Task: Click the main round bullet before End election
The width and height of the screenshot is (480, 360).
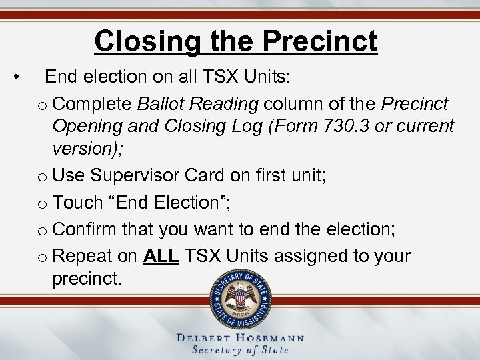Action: pyautogui.click(x=23, y=78)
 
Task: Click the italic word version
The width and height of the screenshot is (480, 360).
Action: pyautogui.click(x=83, y=147)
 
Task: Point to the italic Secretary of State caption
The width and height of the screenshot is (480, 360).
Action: pyautogui.click(x=240, y=351)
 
